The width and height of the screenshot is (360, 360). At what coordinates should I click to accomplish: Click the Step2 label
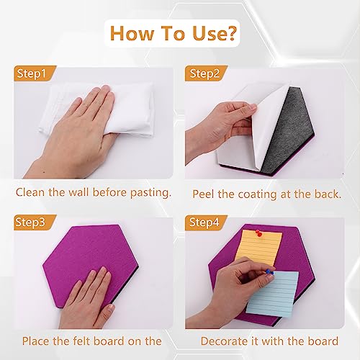(x=204, y=74)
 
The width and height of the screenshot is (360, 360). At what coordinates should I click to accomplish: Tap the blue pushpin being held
(x=269, y=272)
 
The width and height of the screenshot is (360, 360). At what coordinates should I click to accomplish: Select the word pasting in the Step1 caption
(x=150, y=194)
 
